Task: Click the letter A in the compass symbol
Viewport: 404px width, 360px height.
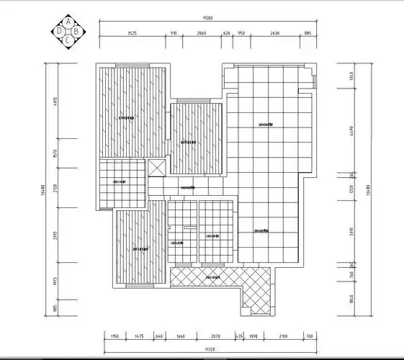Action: coord(68,22)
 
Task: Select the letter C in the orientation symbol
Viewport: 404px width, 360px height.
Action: coord(68,40)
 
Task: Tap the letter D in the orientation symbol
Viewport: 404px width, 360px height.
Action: coord(60,31)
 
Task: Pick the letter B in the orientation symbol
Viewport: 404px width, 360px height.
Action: coord(76,31)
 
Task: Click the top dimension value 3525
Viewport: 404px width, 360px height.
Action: coord(133,33)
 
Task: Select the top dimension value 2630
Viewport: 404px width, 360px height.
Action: coord(275,33)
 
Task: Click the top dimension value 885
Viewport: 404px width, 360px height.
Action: coord(308,33)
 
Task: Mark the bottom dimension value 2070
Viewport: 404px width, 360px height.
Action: coord(216,336)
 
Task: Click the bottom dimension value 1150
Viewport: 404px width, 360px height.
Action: coord(114,336)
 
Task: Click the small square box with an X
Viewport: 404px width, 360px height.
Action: coord(157,167)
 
